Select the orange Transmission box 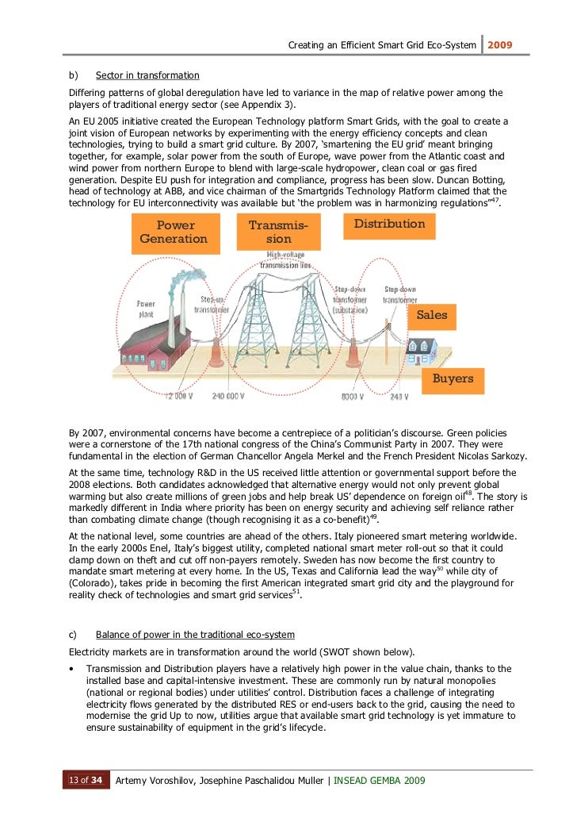click(x=278, y=232)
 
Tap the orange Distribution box click(x=388, y=225)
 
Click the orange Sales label click(x=431, y=315)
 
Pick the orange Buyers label click(x=453, y=378)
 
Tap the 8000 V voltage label click(x=352, y=396)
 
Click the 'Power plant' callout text click(x=146, y=309)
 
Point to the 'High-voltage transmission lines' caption click(x=288, y=259)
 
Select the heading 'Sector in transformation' click(x=147, y=75)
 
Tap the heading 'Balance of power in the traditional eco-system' click(x=195, y=635)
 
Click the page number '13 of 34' click(x=85, y=781)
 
